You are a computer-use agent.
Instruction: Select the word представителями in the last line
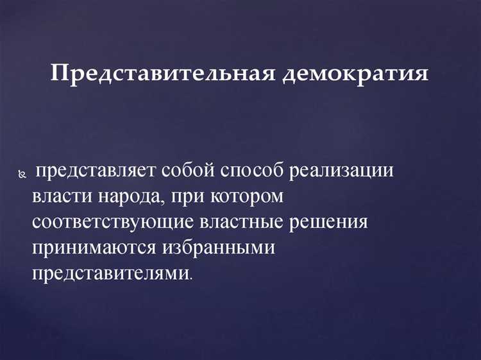click(110, 273)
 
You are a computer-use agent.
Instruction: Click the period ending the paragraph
click(190, 279)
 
